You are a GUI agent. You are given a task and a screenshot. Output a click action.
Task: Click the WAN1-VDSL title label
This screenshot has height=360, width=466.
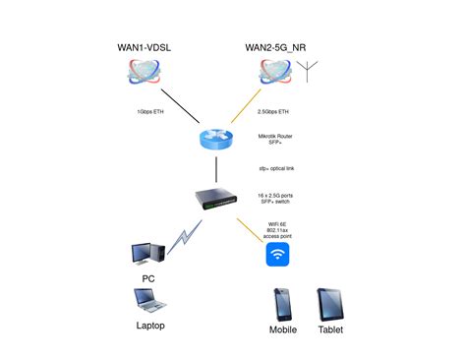[145, 47]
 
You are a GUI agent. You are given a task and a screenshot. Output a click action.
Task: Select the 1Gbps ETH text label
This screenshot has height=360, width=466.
[151, 111]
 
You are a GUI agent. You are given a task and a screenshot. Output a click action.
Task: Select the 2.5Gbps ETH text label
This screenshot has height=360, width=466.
[273, 111]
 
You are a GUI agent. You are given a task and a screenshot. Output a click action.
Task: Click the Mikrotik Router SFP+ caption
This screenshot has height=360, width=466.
[275, 139]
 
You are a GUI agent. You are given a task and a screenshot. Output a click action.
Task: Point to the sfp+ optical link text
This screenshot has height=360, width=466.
[276, 168]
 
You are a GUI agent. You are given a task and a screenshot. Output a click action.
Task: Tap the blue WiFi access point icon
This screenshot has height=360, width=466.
[278, 256]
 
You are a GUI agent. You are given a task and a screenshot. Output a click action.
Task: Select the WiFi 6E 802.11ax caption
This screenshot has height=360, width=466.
[278, 231]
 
